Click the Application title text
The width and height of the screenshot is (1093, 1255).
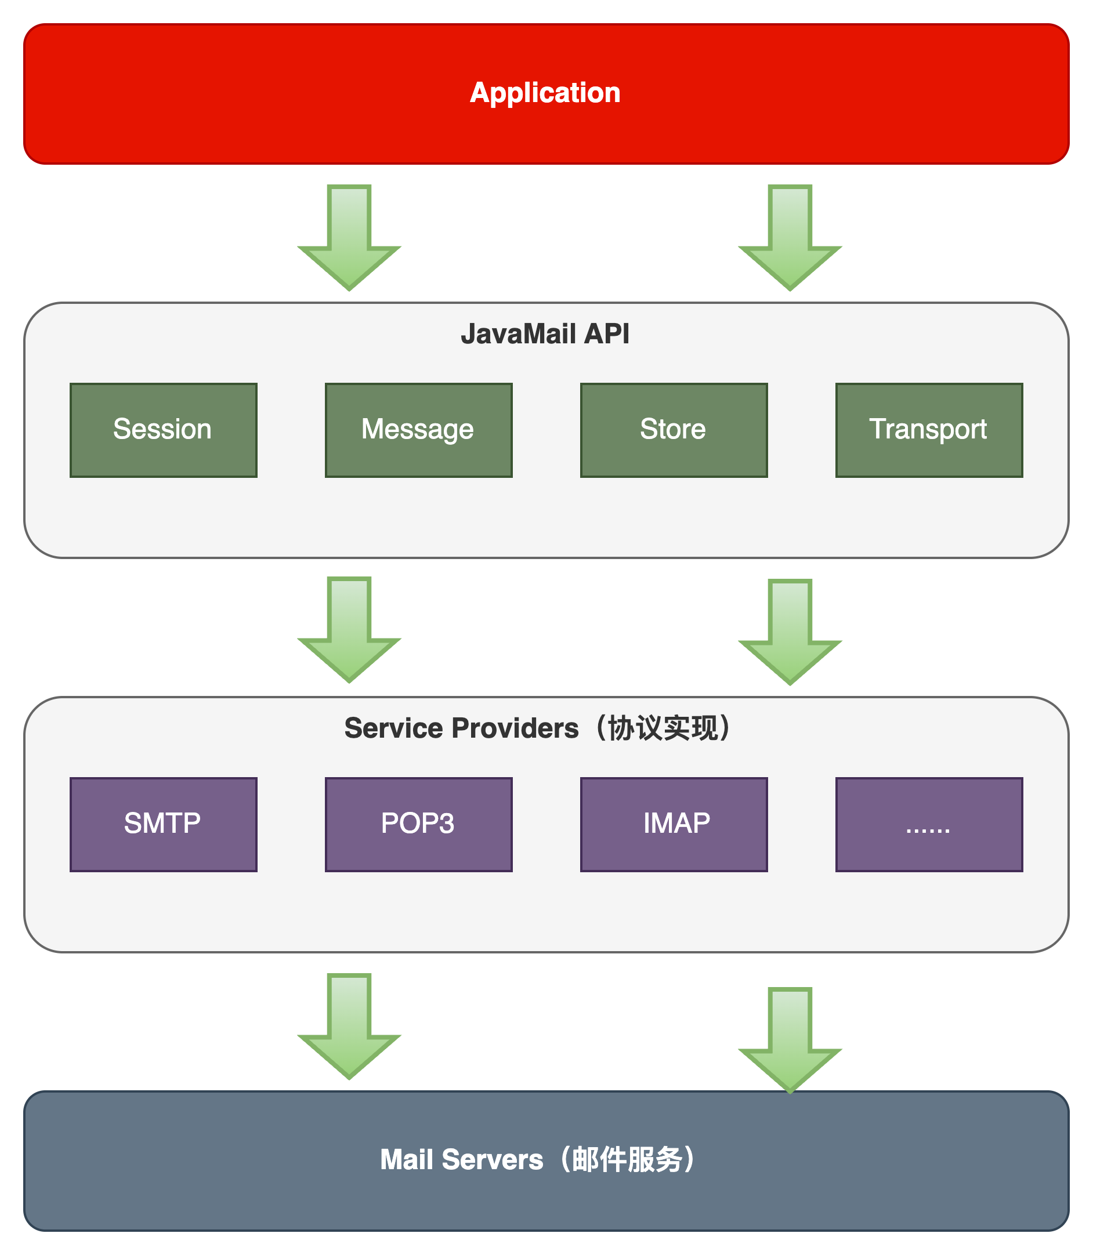(x=545, y=93)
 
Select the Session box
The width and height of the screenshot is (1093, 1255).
(x=164, y=430)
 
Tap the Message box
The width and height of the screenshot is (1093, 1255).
(x=418, y=430)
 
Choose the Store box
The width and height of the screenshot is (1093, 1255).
(x=674, y=430)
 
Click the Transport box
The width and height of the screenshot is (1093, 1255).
(x=928, y=430)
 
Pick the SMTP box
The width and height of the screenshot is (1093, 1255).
(x=164, y=824)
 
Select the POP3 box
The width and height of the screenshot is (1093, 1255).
(x=418, y=824)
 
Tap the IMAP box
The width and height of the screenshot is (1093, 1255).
(x=674, y=824)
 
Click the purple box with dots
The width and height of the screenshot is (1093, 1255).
(x=928, y=824)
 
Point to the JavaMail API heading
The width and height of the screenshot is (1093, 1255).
(x=545, y=333)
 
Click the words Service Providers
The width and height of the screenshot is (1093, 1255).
(x=461, y=728)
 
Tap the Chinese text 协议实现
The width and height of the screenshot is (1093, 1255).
(x=663, y=728)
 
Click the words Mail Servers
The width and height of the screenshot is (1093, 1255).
(x=461, y=1159)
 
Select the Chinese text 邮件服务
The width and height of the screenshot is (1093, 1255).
(x=627, y=1159)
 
